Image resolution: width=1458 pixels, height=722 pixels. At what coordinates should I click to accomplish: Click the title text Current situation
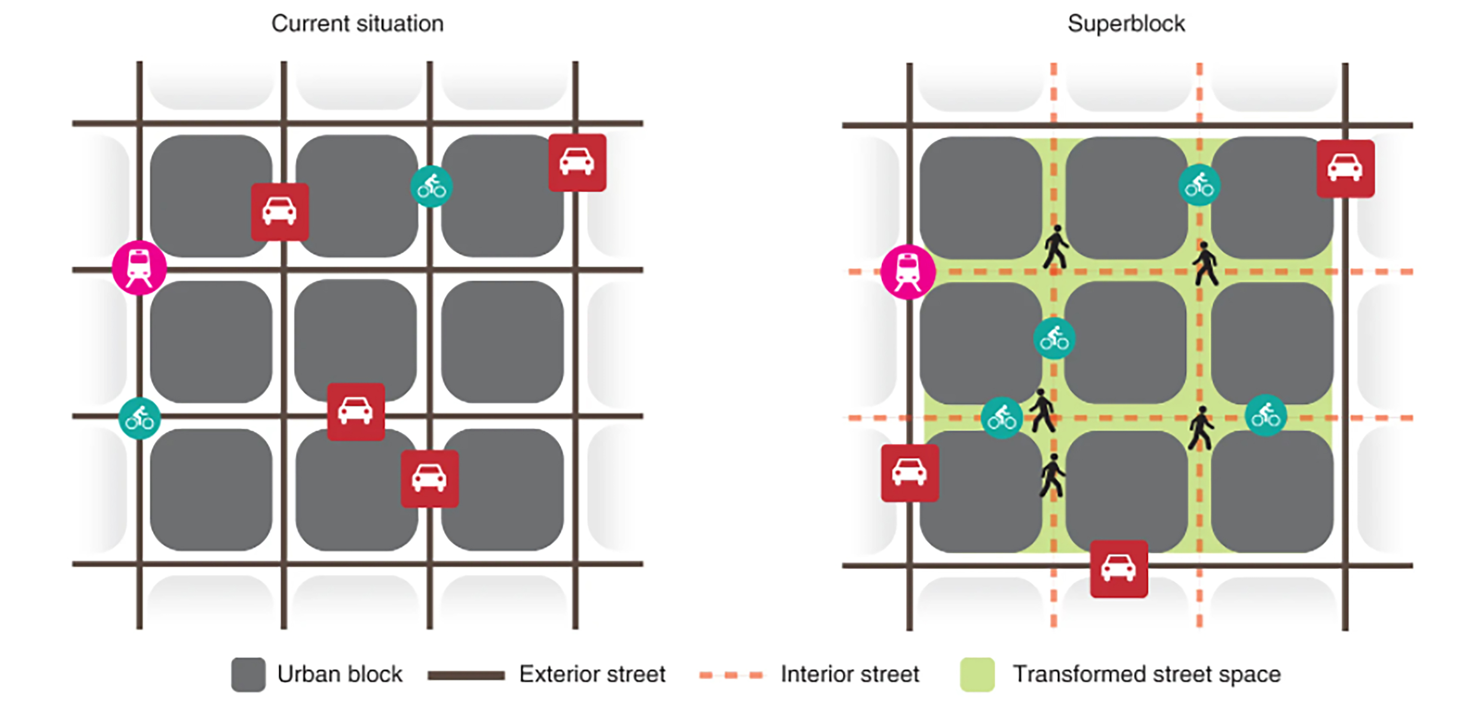(x=357, y=24)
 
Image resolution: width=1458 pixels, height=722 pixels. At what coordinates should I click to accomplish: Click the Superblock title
(x=1126, y=24)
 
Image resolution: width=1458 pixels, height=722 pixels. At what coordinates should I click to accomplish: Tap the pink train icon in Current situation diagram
(x=139, y=267)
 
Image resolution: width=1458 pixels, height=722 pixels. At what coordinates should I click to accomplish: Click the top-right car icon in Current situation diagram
(x=577, y=162)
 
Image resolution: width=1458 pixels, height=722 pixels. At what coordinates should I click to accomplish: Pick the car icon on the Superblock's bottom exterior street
(x=1119, y=569)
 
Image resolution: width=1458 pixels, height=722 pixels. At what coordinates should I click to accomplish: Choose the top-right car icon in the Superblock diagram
(x=1345, y=168)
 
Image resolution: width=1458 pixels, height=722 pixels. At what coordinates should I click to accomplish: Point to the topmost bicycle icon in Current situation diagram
(x=431, y=186)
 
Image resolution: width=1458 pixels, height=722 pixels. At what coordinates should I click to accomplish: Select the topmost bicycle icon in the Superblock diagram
(x=1199, y=184)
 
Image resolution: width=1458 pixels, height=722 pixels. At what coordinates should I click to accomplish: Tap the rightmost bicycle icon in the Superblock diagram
(x=1266, y=415)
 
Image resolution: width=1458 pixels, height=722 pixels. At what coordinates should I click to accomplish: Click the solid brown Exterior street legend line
(x=466, y=675)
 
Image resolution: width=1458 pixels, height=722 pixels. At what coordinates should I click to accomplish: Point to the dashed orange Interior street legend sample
(x=731, y=675)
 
